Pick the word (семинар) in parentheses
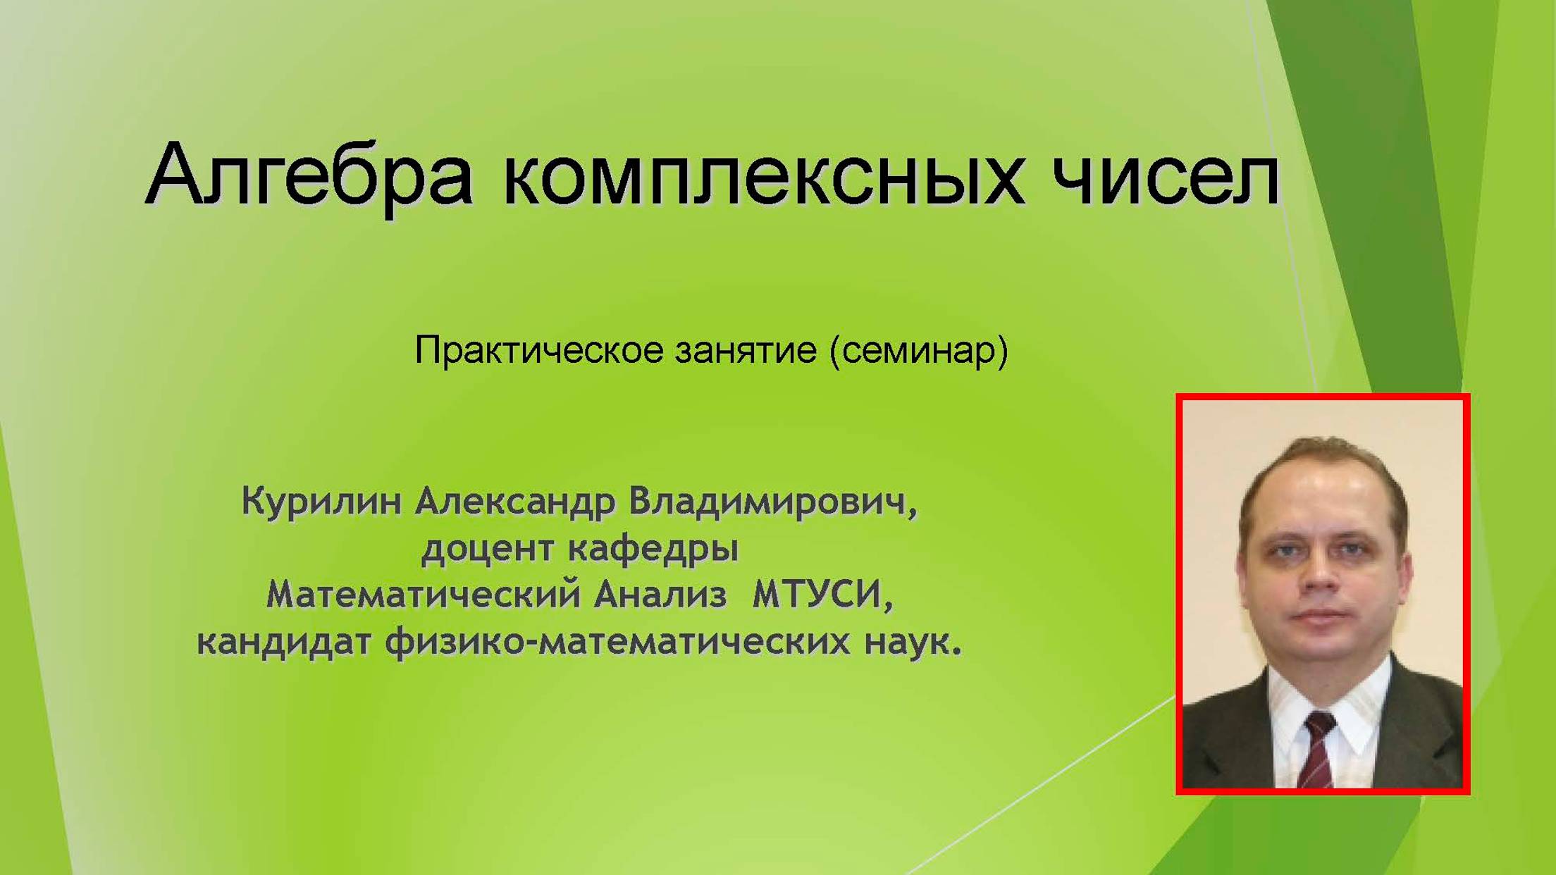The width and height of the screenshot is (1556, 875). tap(919, 350)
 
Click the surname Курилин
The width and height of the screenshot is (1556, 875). tap(321, 502)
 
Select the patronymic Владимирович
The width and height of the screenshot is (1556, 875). tap(773, 502)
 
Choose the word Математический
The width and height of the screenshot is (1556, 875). tap(424, 595)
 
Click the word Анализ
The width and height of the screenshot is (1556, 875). tap(660, 595)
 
